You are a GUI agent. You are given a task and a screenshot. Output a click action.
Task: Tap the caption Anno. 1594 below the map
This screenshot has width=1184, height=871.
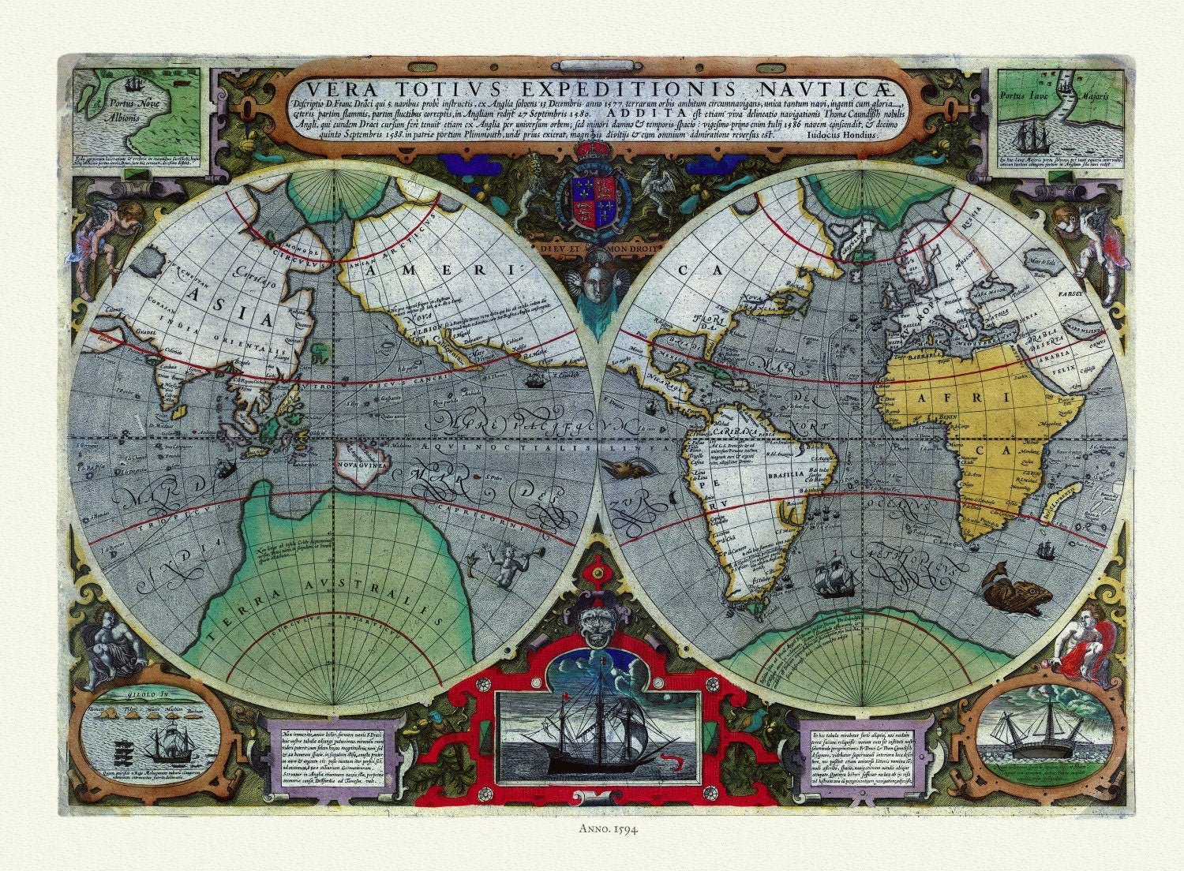point(591,829)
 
